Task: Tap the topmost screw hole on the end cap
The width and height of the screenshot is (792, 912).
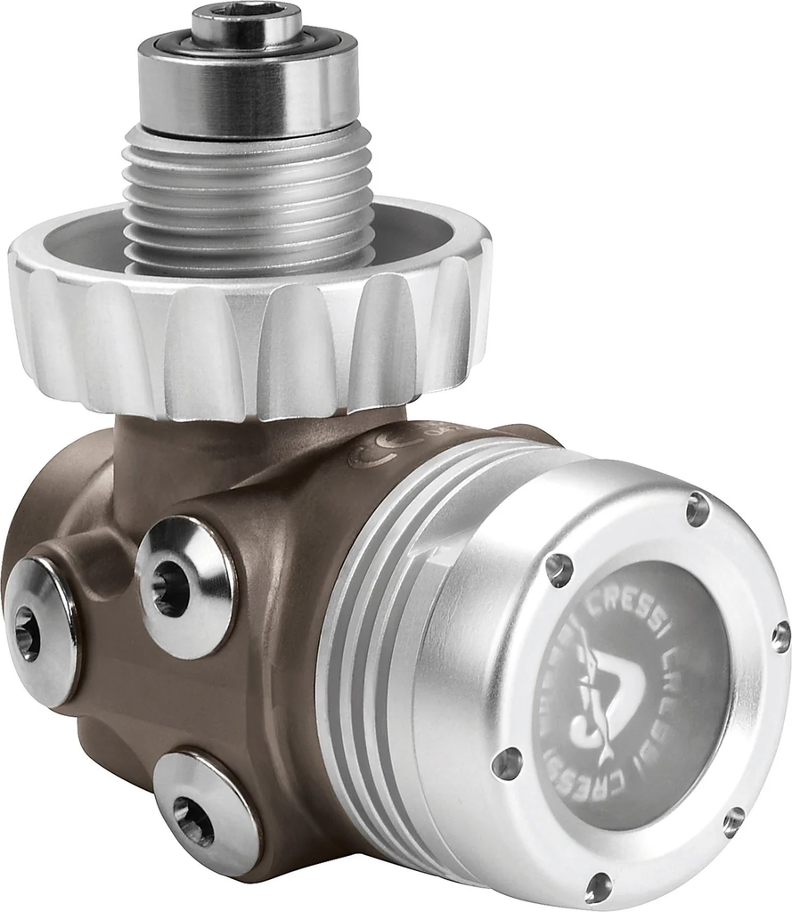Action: point(697,509)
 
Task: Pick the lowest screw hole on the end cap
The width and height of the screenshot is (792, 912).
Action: point(598,885)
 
